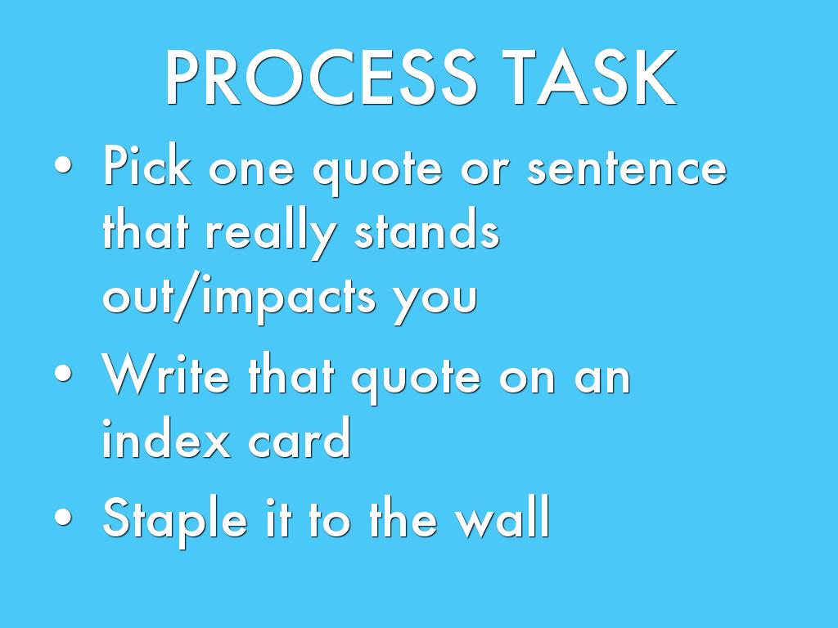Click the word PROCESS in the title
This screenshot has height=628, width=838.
321,78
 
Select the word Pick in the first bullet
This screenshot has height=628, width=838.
147,165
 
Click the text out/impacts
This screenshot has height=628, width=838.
239,297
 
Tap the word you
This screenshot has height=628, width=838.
435,303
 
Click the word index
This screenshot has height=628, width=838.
166,438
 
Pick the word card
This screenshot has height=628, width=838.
300,438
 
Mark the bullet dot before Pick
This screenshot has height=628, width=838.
63,166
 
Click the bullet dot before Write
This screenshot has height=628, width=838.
63,373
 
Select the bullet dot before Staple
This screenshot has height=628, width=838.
63,517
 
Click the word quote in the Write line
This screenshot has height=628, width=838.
416,379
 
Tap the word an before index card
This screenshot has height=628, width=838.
602,379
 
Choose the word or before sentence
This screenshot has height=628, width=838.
483,171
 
